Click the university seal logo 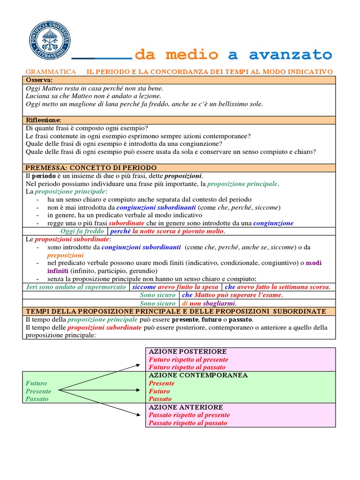click(x=48, y=40)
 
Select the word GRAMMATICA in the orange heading click(x=51, y=71)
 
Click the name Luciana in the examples click(x=38, y=96)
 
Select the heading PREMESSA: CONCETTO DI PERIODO click(x=91, y=167)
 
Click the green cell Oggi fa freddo click(x=82, y=231)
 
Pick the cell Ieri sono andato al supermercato click(x=75, y=287)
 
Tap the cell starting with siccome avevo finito click(x=175, y=287)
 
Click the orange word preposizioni click(x=65, y=255)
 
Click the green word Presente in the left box click(x=38, y=391)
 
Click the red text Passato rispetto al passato click(x=187, y=423)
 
